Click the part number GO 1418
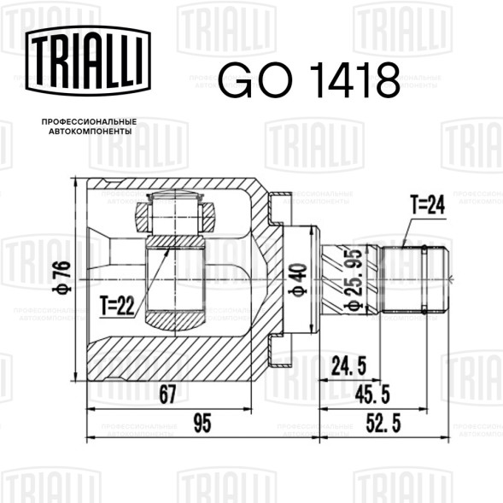click(309, 80)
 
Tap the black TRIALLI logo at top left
click(88, 61)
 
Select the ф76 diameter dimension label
click(61, 278)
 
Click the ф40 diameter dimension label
click(298, 280)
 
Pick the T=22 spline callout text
click(117, 306)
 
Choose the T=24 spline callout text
click(427, 204)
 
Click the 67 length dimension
click(168, 395)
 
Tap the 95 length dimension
click(202, 423)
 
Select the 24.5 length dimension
click(348, 366)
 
